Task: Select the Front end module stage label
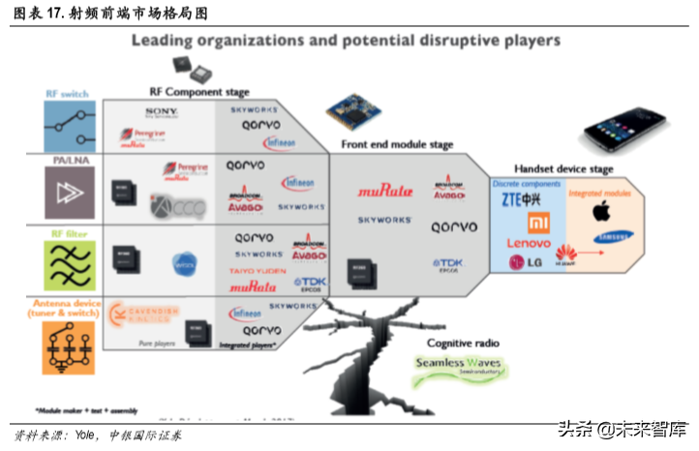tap(397, 144)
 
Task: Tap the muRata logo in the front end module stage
tap(384, 191)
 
